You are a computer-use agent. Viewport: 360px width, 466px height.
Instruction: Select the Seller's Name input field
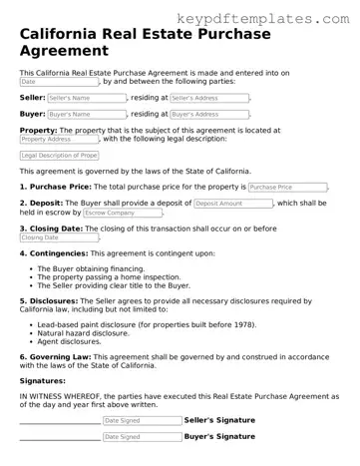(87, 98)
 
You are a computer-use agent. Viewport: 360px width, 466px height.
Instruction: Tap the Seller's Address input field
(208, 98)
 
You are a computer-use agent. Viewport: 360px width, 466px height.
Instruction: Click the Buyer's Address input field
(208, 115)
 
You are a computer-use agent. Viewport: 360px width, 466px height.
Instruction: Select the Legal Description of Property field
(59, 156)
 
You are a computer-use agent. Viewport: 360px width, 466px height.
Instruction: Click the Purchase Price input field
(287, 187)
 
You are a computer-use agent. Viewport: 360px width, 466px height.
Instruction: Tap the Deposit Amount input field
(232, 203)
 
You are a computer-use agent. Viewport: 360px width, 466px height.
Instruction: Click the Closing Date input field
(58, 237)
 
